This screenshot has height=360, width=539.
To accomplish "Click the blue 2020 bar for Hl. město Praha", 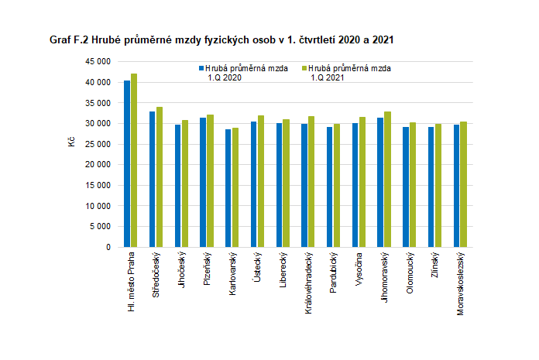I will coord(127,164).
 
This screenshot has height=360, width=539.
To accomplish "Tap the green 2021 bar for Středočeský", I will coord(159,177).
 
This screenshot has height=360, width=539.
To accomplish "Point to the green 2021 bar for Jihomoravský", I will coord(386,180).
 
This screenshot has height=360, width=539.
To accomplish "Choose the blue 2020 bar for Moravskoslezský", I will coord(457,186).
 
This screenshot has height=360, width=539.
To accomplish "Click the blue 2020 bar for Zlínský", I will coord(431,187).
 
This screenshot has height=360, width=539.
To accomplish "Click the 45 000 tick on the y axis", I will coord(98,61).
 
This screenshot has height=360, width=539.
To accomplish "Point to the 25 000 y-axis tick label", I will coord(98,144).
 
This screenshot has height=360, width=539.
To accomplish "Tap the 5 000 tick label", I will coord(100,227).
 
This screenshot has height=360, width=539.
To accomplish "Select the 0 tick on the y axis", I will coord(108,248).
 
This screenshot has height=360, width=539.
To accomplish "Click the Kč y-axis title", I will coord(70,143).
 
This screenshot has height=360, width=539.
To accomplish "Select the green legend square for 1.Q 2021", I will coord(304,68).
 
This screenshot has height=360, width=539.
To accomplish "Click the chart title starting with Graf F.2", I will coord(225,39).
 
